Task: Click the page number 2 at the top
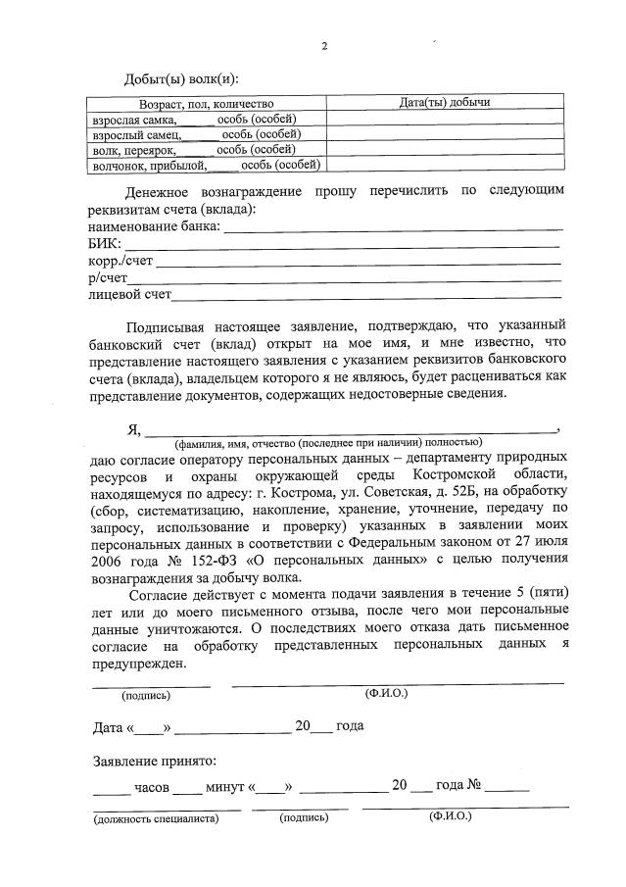coord(323,44)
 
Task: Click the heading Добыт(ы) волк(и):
coord(181,78)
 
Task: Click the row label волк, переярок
coord(133,149)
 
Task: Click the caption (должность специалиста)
coord(156,817)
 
